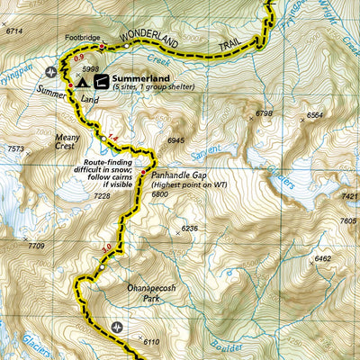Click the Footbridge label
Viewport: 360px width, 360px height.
[x=83, y=39]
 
